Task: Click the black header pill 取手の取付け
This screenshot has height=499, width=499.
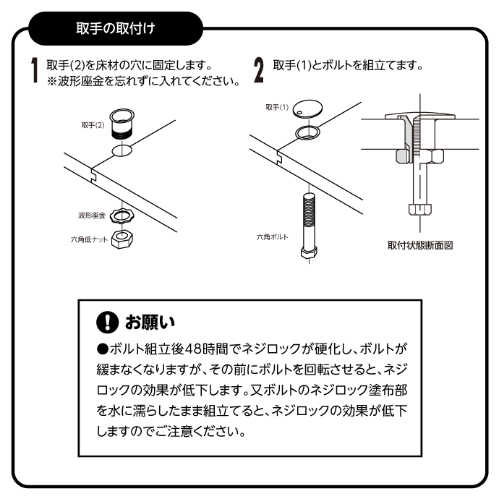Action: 116,29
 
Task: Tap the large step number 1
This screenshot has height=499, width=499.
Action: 35,71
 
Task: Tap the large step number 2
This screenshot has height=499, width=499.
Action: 259,70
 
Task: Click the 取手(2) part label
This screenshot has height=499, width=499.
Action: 93,125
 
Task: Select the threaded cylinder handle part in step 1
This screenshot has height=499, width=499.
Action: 122,124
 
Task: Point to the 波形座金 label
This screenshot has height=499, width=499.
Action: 92,216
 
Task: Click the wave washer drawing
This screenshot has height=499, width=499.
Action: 122,216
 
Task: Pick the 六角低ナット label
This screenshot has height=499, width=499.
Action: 89,239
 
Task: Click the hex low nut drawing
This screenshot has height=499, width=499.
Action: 122,239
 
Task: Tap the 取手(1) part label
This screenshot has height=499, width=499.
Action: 277,107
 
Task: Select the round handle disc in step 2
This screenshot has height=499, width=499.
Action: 307,109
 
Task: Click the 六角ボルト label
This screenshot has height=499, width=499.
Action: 273,237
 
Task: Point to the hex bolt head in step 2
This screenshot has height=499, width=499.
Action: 309,253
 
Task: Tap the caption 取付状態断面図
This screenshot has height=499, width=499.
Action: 420,245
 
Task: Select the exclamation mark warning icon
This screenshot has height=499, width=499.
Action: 108,322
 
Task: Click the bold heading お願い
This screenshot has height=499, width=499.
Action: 150,322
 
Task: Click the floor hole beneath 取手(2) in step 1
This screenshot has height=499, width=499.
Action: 122,150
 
